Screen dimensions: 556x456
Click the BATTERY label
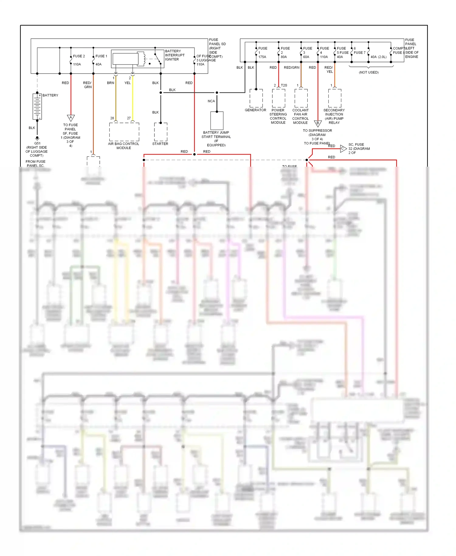pos(50,95)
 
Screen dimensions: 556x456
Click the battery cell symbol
pos(37,106)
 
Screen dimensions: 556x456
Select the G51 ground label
pos(37,143)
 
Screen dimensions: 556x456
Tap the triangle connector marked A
pos(71,118)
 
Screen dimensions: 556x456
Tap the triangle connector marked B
pos(318,123)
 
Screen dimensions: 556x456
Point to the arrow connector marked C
pos(343,148)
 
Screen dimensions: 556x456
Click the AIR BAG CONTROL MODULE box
pos(124,132)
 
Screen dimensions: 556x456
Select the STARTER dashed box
pos(161,132)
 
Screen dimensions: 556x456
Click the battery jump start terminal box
pos(217,121)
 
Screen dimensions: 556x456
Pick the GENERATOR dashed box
pos(256,98)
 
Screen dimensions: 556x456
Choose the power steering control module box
pos(278,98)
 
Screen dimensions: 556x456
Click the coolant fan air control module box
pos(301,98)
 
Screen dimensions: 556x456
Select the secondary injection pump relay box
pos(334,98)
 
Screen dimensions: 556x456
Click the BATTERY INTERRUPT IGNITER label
pos(175,55)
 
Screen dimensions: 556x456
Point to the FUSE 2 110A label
pos(78,60)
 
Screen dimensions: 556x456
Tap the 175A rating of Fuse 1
pos(262,57)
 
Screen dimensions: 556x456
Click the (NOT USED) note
pos(368,72)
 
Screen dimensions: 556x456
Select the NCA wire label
pos(211,101)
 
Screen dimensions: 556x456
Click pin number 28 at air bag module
pos(112,118)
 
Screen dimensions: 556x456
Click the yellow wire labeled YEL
pos(133,97)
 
